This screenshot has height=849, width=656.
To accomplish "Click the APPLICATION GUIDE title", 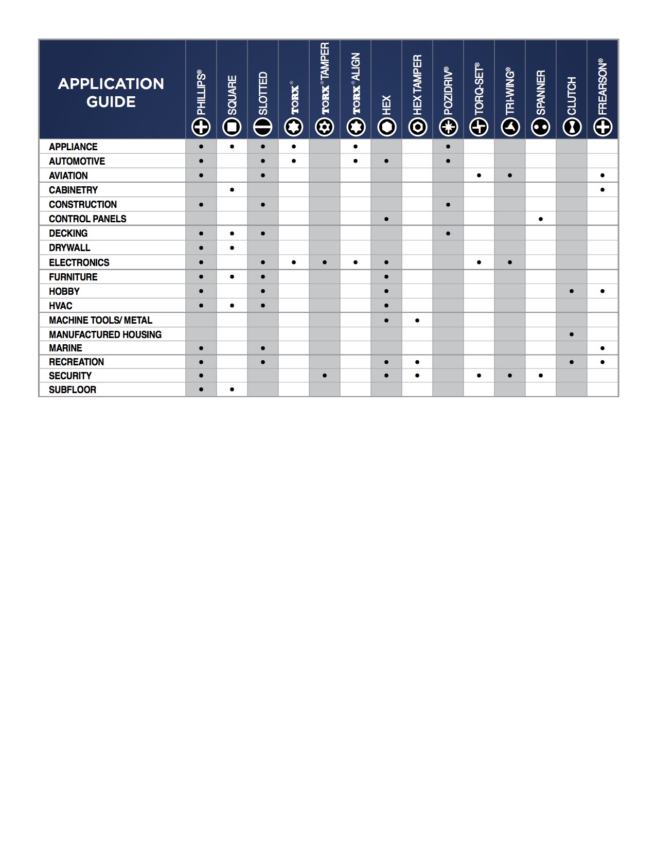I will (x=111, y=93).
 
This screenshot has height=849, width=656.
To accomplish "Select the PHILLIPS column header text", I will (x=201, y=93).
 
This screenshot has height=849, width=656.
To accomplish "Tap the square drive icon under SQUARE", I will (x=232, y=127).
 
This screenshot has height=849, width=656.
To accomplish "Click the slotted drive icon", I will (x=263, y=127).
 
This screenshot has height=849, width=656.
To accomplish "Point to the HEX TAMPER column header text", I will (x=417, y=85).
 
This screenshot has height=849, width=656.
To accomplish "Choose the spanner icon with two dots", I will (x=541, y=127).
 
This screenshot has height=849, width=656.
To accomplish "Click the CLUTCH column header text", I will (x=572, y=96).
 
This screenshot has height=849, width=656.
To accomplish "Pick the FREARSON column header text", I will (x=602, y=87).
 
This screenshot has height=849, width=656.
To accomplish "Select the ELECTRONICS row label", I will (x=79, y=262).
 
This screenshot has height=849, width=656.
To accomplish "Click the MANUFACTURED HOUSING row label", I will (x=105, y=334).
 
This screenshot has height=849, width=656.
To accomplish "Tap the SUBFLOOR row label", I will (x=73, y=390).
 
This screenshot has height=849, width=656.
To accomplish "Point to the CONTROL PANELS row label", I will (x=87, y=219).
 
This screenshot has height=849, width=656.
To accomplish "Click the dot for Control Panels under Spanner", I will (x=541, y=219).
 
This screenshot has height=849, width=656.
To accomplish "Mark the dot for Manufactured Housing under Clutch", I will (x=572, y=334).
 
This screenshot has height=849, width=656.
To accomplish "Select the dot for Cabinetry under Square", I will (x=232, y=190).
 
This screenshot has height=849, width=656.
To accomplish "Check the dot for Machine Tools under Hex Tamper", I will (x=417, y=321).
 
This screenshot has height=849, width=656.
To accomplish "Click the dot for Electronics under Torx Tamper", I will (x=325, y=262).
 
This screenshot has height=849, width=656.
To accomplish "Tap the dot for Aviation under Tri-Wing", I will (x=510, y=175).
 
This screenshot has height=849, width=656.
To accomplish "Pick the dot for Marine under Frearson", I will (x=602, y=348).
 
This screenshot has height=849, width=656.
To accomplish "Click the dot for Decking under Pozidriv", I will (x=448, y=234).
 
